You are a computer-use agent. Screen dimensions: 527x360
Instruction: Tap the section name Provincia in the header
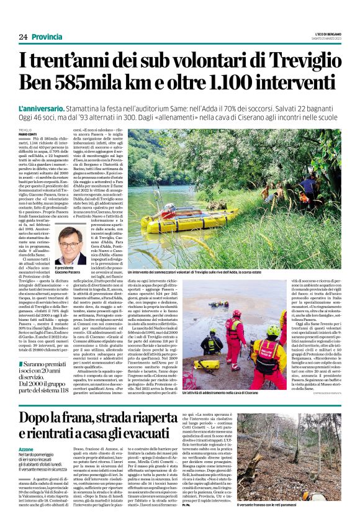47,37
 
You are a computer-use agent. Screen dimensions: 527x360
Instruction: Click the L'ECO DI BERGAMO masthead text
327,33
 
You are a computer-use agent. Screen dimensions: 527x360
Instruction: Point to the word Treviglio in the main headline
294,61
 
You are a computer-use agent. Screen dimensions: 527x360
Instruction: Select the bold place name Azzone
27,449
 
